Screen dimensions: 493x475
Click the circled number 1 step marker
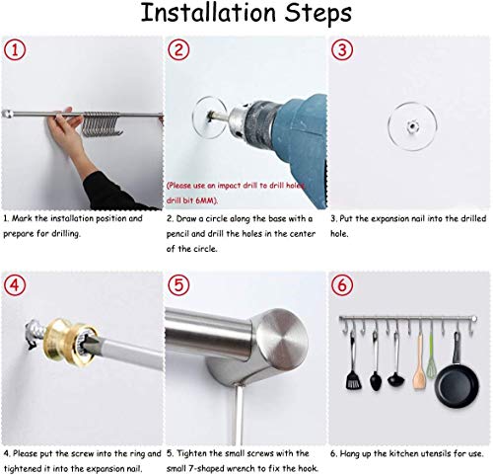pyautogui.click(x=15, y=50)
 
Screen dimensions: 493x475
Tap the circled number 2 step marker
pyautogui.click(x=178, y=50)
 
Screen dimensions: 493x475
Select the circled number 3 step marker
pyautogui.click(x=342, y=50)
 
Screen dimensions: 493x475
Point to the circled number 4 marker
pyautogui.click(x=15, y=285)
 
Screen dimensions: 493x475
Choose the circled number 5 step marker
pyautogui.click(x=178, y=285)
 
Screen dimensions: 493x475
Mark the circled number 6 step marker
pyautogui.click(x=342, y=285)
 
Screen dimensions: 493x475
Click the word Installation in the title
pyautogui.click(x=208, y=13)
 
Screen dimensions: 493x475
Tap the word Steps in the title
pyautogui.click(x=317, y=14)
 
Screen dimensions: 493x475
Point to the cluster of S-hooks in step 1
pyautogui.click(x=102, y=123)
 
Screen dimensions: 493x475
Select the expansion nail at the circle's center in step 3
pyautogui.click(x=411, y=125)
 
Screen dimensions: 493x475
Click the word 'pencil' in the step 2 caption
pyautogui.click(x=177, y=234)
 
